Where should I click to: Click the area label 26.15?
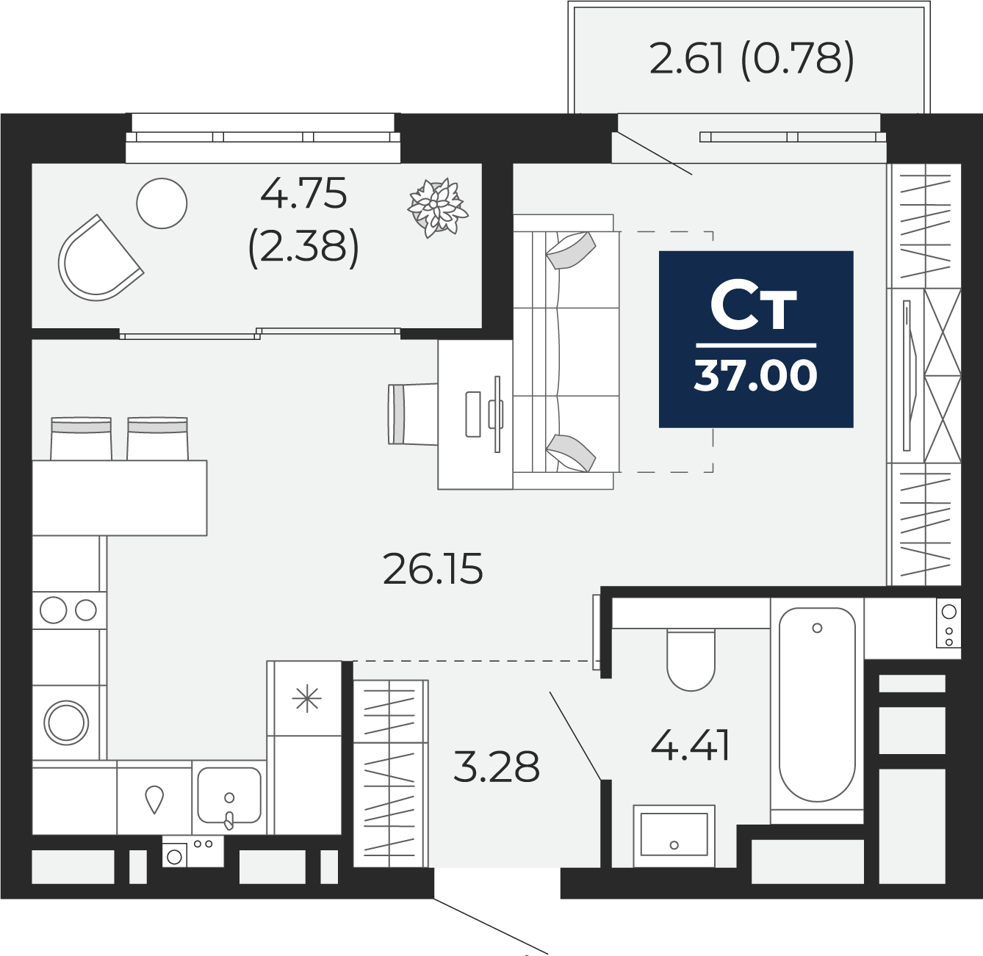[x=433, y=569]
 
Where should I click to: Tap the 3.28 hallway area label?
[x=497, y=767]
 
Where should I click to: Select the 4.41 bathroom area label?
[x=690, y=746]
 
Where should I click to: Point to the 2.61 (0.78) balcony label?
[x=752, y=59]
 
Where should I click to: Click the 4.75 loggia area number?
[x=303, y=194]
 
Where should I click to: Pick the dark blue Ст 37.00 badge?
[x=756, y=339]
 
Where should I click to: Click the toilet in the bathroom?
[x=691, y=658]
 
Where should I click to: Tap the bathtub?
[x=817, y=705]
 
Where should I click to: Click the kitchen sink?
[x=229, y=797]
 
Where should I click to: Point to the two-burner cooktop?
[x=68, y=610]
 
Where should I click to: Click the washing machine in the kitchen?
[x=67, y=723]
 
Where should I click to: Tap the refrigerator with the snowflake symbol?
[x=306, y=698]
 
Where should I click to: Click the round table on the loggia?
[x=162, y=203]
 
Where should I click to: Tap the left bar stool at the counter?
[x=81, y=438]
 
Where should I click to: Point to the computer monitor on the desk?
[x=497, y=413]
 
